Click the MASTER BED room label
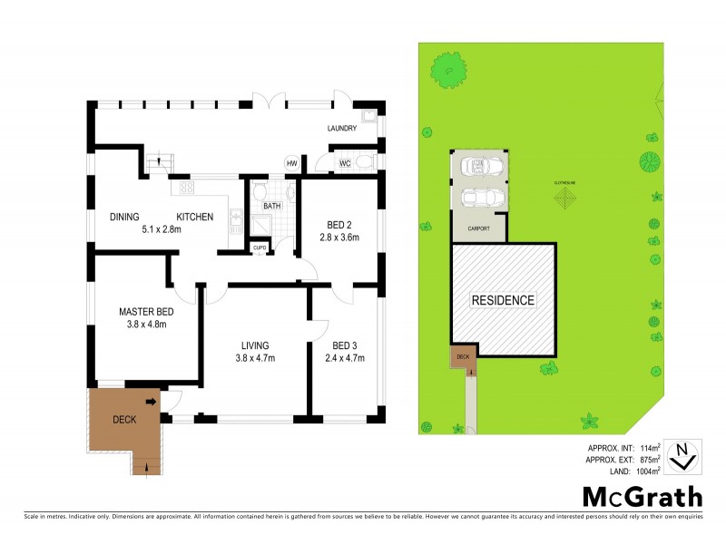coord(144,311)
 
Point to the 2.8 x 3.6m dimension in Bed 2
coord(339,238)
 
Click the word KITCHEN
coord(195,217)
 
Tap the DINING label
coord(124,217)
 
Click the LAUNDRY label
coord(342,129)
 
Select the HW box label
coord(291,163)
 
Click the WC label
coord(345,163)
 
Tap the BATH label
coord(271,207)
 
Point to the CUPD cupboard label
coord(260,247)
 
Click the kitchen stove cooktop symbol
coord(188,189)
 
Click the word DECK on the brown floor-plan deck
coord(124,420)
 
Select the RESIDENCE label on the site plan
coord(503,300)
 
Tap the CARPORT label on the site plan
coord(479,229)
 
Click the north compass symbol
coord(682,456)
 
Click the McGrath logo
coord(642,496)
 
